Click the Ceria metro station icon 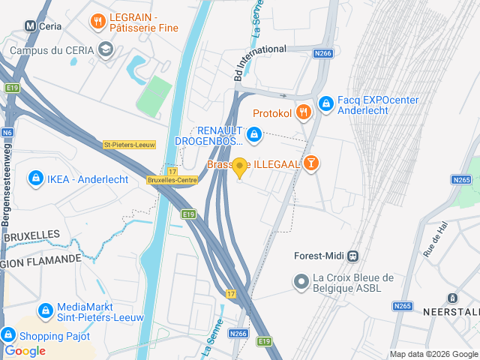pyautogui.click(x=31, y=25)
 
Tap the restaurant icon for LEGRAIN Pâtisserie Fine pyautogui.click(x=97, y=22)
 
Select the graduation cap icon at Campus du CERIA pyautogui.click(x=106, y=50)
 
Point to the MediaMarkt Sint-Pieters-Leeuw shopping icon pyautogui.click(x=45, y=310)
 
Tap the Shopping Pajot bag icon pyautogui.click(x=8, y=335)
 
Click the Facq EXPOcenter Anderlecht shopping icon pyautogui.click(x=325, y=103)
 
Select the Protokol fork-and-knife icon pyautogui.click(x=303, y=112)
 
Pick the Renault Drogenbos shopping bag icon pyautogui.click(x=253, y=134)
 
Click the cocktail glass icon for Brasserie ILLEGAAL pyautogui.click(x=312, y=163)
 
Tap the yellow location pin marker pyautogui.click(x=240, y=168)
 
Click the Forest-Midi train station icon pyautogui.click(x=352, y=255)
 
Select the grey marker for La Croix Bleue pyautogui.click(x=301, y=282)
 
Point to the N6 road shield pyautogui.click(x=7, y=133)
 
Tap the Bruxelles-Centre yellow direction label pyautogui.click(x=172, y=180)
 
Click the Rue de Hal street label pyautogui.click(x=434, y=240)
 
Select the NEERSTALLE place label pyautogui.click(x=448, y=310)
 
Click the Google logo pyautogui.click(x=25, y=351)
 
